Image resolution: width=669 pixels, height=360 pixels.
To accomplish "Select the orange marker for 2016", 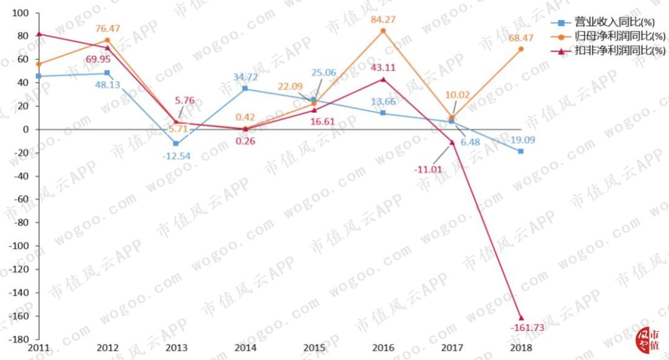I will coord(383,30).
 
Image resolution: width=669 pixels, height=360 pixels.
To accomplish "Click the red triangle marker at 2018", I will coord(521,318).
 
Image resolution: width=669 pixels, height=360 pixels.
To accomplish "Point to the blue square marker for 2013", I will coord(176,144).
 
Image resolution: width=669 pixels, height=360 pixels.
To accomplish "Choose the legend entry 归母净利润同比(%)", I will coord(610,37).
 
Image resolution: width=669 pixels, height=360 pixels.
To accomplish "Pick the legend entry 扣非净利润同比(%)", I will coord(610,50).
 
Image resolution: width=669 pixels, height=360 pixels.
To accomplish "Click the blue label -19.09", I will coord(521,140).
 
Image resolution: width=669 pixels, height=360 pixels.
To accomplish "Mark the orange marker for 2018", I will coord(521,49).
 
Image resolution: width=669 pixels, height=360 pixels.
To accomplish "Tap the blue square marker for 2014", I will coord(245,89).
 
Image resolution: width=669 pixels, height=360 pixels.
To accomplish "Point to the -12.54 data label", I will coord(176,156).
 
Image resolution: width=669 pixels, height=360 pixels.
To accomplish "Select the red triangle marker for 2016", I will coord(383,79).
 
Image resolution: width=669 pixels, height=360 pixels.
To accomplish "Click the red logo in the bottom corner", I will coord(650,338).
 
